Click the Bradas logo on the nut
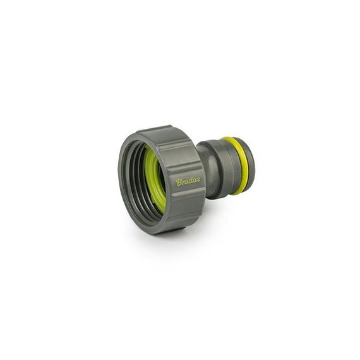pos(188,182)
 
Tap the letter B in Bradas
pos(179,183)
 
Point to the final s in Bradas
pos(198,180)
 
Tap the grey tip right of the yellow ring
pos(250,167)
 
